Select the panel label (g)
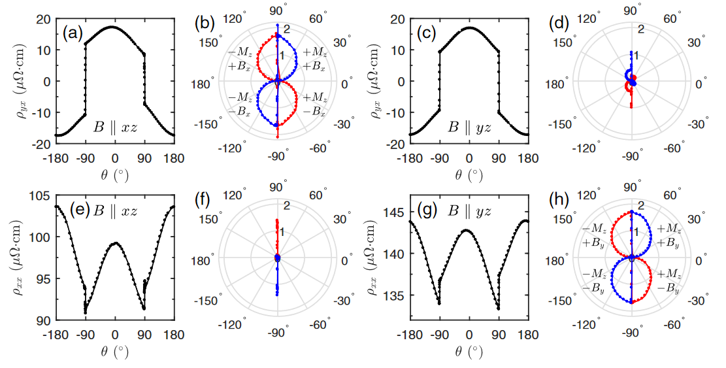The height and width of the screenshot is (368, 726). [427, 210]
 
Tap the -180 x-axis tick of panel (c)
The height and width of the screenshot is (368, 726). [409, 158]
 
